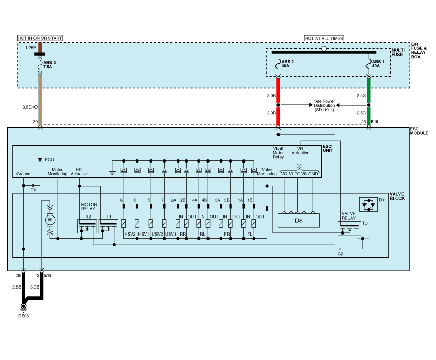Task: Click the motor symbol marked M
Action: pos(50,220)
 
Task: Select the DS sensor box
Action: pos(299,220)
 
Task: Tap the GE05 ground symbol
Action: pos(23,308)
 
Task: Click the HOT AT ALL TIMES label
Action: pos(324,38)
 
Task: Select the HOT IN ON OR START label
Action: pos(40,38)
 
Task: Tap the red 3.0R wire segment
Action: pos(278,91)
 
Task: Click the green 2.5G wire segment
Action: pos(369,91)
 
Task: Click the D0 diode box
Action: pos(368,204)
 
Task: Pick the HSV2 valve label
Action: pos(130,234)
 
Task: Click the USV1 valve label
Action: pos(170,234)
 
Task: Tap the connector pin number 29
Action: pos(34,122)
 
